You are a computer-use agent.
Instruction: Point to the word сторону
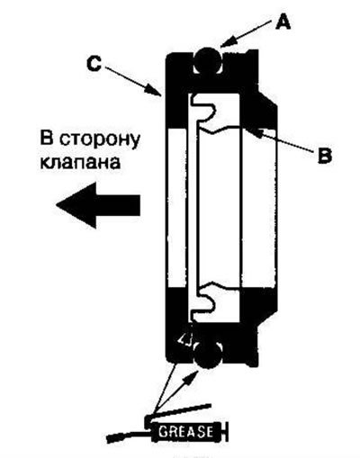pyautogui.click(x=93, y=141)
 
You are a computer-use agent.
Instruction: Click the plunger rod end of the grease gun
pyautogui.click(x=231, y=433)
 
